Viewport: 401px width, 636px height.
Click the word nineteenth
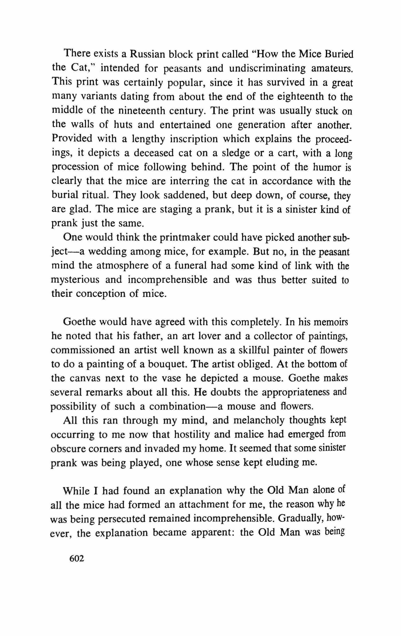click(x=137, y=111)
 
